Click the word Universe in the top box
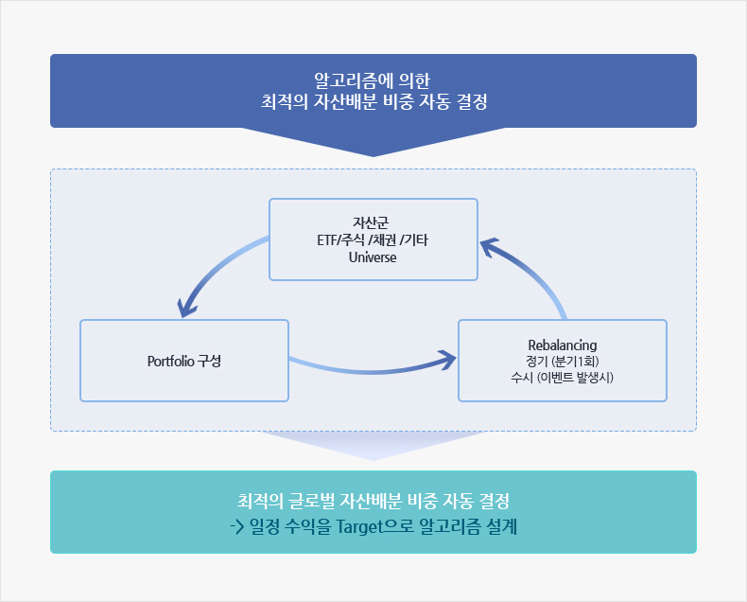click(x=373, y=257)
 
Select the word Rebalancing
click(x=563, y=345)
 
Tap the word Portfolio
click(x=170, y=361)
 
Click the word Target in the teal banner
click(x=360, y=527)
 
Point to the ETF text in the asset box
click(x=327, y=239)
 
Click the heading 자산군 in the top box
click(x=371, y=222)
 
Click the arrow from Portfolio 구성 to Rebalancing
click(x=372, y=372)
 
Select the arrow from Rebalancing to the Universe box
click(x=536, y=273)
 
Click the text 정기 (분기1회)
click(x=563, y=361)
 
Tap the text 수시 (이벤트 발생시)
click(x=563, y=378)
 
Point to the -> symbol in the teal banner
click(x=236, y=527)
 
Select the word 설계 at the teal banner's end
click(x=502, y=527)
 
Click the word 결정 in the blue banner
click(x=472, y=101)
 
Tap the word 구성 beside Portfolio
click(x=209, y=361)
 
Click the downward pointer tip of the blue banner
click(x=373, y=156)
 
